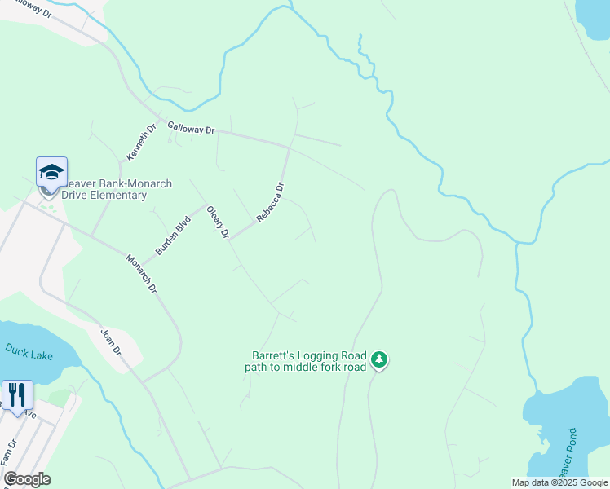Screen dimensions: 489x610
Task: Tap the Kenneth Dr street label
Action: pos(139,143)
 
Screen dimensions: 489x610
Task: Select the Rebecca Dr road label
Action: pos(270,202)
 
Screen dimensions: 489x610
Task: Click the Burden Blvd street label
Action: pos(172,236)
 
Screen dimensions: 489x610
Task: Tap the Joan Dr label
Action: pos(110,342)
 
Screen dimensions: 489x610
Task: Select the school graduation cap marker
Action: pos(51,173)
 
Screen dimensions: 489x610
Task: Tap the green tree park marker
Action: pos(378,359)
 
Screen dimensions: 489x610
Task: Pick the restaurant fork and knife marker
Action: pos(17,395)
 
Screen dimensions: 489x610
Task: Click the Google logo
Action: pos(27,479)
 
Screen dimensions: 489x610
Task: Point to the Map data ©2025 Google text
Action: pos(559,482)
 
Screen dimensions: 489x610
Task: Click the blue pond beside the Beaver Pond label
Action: pos(563,424)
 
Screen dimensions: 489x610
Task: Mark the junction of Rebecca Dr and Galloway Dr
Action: pos(290,148)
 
